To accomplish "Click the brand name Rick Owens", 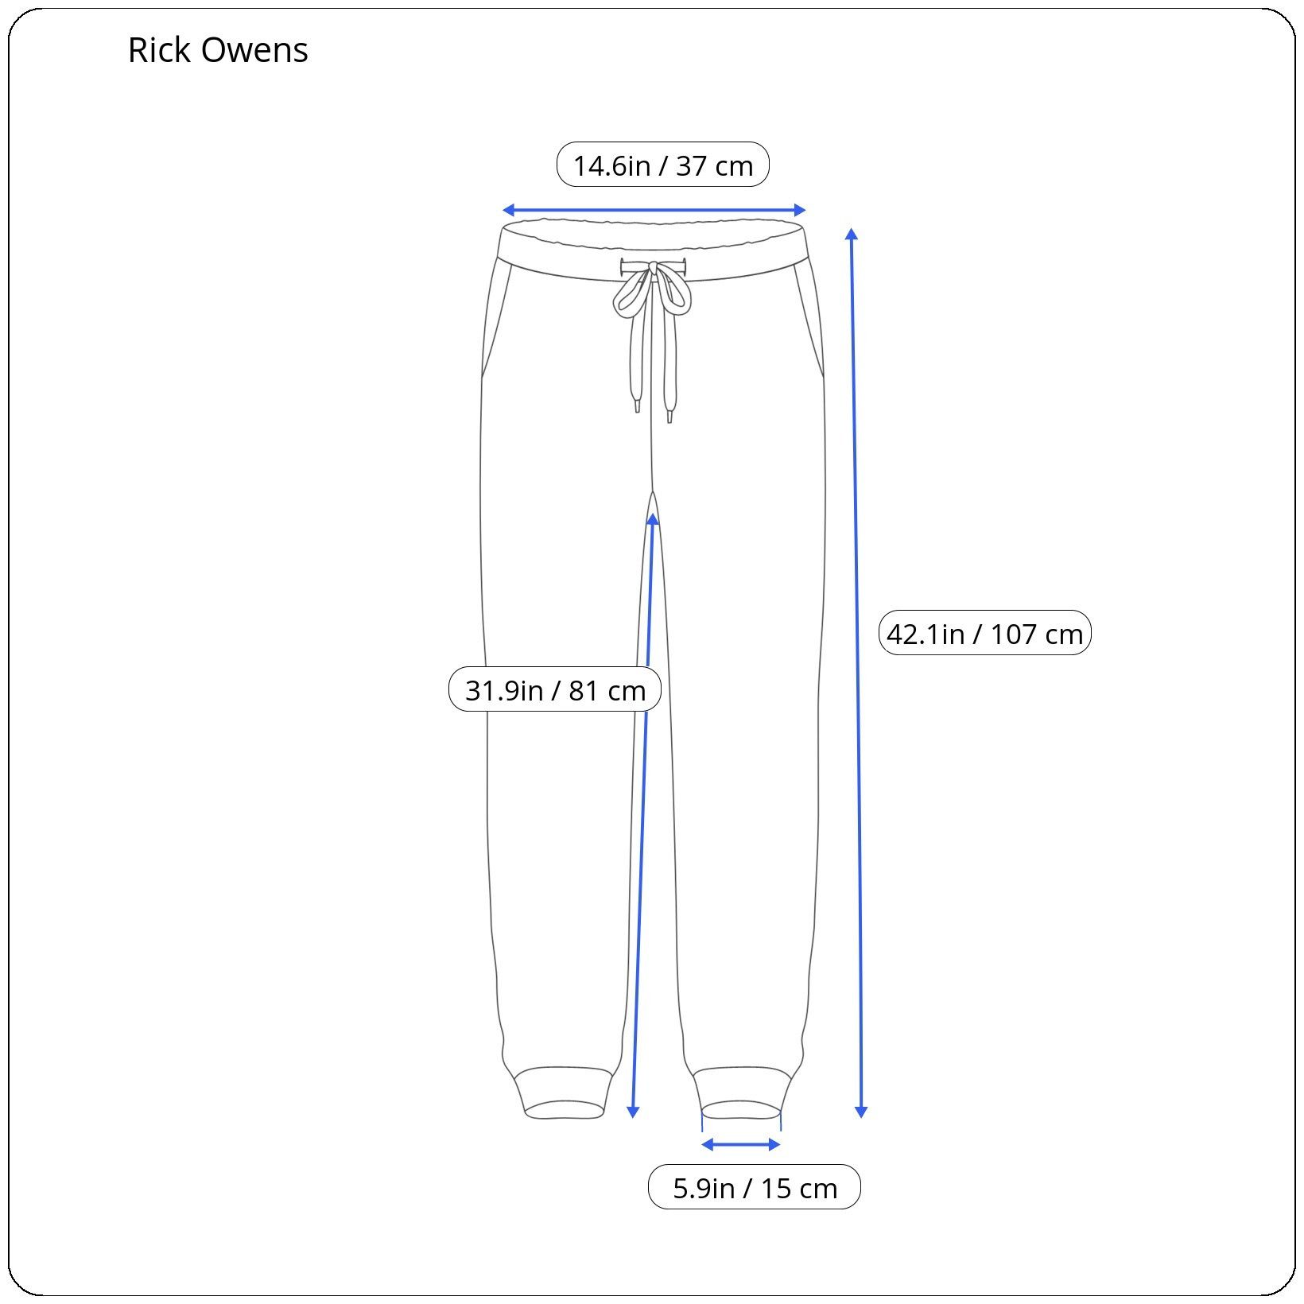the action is click(x=218, y=50).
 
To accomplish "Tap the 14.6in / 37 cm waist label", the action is click(x=663, y=165).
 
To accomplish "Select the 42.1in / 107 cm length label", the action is click(x=984, y=634).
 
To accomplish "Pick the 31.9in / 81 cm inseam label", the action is click(x=555, y=689).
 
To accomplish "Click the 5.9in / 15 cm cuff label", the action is click(x=755, y=1188).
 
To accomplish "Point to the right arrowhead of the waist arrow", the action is click(x=800, y=210).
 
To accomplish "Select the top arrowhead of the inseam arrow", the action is click(x=653, y=520).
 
